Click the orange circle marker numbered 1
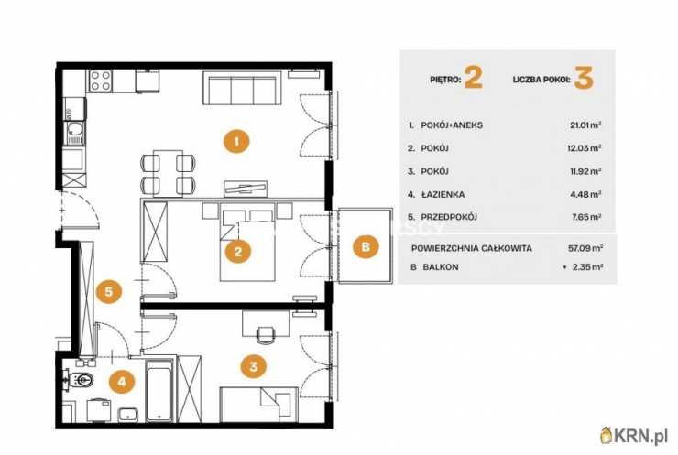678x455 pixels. (236, 141)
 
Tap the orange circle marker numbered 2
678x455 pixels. (238, 251)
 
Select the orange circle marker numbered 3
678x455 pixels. (254, 366)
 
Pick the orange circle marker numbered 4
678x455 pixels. (122, 382)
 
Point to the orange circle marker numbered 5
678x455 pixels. (108, 291)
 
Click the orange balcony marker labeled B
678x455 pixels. (366, 246)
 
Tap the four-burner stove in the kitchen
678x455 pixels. (100, 81)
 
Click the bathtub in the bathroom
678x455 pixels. (159, 390)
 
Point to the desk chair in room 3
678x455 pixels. (266, 334)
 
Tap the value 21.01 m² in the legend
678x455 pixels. (585, 125)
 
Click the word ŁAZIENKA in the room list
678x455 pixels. (443, 194)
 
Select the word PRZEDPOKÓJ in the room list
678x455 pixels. (449, 217)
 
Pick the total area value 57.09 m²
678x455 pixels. (585, 248)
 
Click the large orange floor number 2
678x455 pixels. (473, 78)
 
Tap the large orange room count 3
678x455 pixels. (584, 78)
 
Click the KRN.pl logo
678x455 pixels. (634, 436)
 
